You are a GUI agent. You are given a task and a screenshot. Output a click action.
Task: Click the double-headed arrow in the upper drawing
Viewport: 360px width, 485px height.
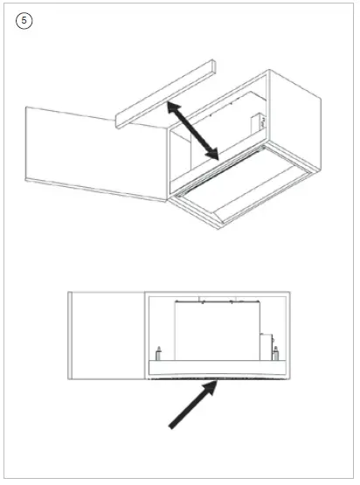coord(192,129)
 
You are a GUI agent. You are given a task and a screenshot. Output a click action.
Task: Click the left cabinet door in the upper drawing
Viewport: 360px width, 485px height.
coord(94,149)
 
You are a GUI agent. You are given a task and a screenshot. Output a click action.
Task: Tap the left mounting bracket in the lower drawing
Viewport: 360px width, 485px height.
coord(158,353)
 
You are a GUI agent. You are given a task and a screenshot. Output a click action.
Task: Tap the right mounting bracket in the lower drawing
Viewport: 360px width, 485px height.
coord(275,354)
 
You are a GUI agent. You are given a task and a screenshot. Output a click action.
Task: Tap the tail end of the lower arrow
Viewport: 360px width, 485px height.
coord(172,426)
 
